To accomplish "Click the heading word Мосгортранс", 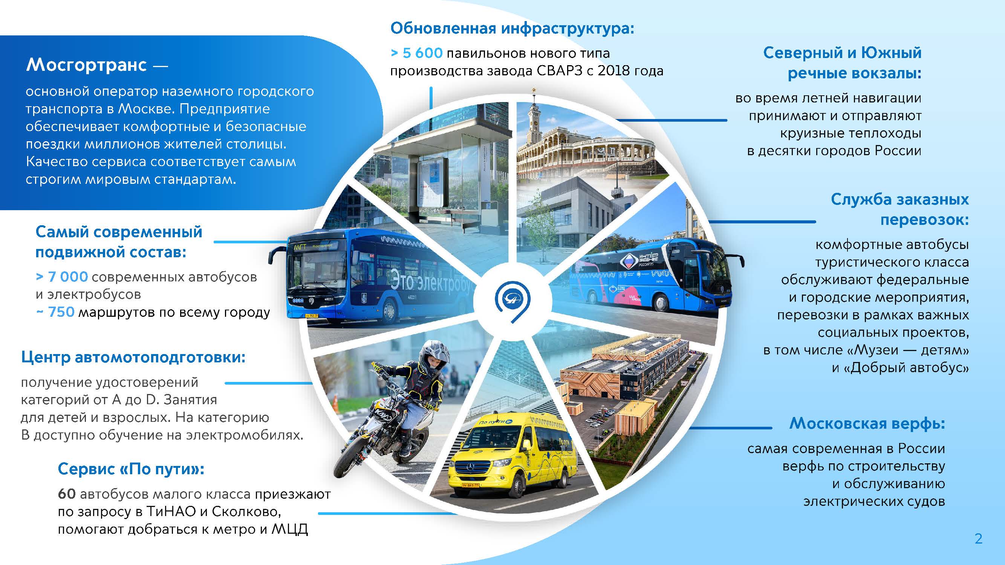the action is pyautogui.click(x=86, y=65).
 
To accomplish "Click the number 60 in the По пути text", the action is pyautogui.click(x=67, y=494).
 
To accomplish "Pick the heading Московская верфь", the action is pyautogui.click(x=867, y=423).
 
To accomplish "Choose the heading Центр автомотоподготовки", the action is pyautogui.click(x=133, y=357).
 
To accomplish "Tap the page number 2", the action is pyautogui.click(x=979, y=539).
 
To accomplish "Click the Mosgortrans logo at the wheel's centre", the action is pyautogui.click(x=512, y=302).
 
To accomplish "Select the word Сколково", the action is pyautogui.click(x=246, y=512).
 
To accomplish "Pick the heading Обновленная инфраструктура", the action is pyautogui.click(x=512, y=29).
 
